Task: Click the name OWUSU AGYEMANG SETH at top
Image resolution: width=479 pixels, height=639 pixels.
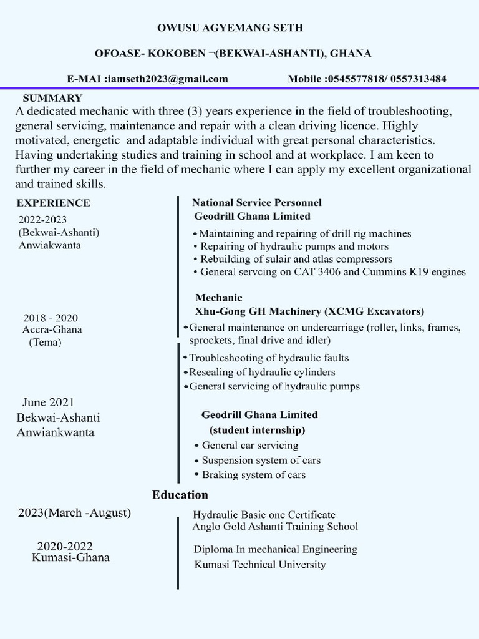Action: (x=239, y=28)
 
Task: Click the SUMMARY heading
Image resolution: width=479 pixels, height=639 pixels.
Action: (x=52, y=98)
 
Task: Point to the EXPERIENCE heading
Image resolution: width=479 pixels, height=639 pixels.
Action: (x=53, y=203)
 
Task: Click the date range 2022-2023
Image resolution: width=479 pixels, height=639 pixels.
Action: (x=42, y=219)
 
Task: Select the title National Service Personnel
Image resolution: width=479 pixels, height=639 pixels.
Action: (x=256, y=203)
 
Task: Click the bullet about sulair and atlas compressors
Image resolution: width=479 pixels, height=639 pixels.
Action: (x=296, y=258)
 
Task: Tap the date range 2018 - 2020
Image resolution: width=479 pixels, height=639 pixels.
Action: (x=51, y=318)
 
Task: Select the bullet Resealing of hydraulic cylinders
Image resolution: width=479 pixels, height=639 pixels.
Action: (x=262, y=372)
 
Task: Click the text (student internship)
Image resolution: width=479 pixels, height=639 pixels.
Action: (x=256, y=430)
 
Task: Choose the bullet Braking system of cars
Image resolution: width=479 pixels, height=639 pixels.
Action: (x=254, y=475)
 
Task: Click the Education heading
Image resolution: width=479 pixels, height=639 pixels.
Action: (x=180, y=495)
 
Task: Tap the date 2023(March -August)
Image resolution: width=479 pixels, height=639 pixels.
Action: (x=74, y=513)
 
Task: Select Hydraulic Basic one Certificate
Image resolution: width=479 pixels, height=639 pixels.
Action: (x=264, y=515)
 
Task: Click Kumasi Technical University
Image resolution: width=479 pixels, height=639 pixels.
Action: (x=260, y=565)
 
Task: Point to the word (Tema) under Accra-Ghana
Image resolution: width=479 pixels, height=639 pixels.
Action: (x=45, y=342)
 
